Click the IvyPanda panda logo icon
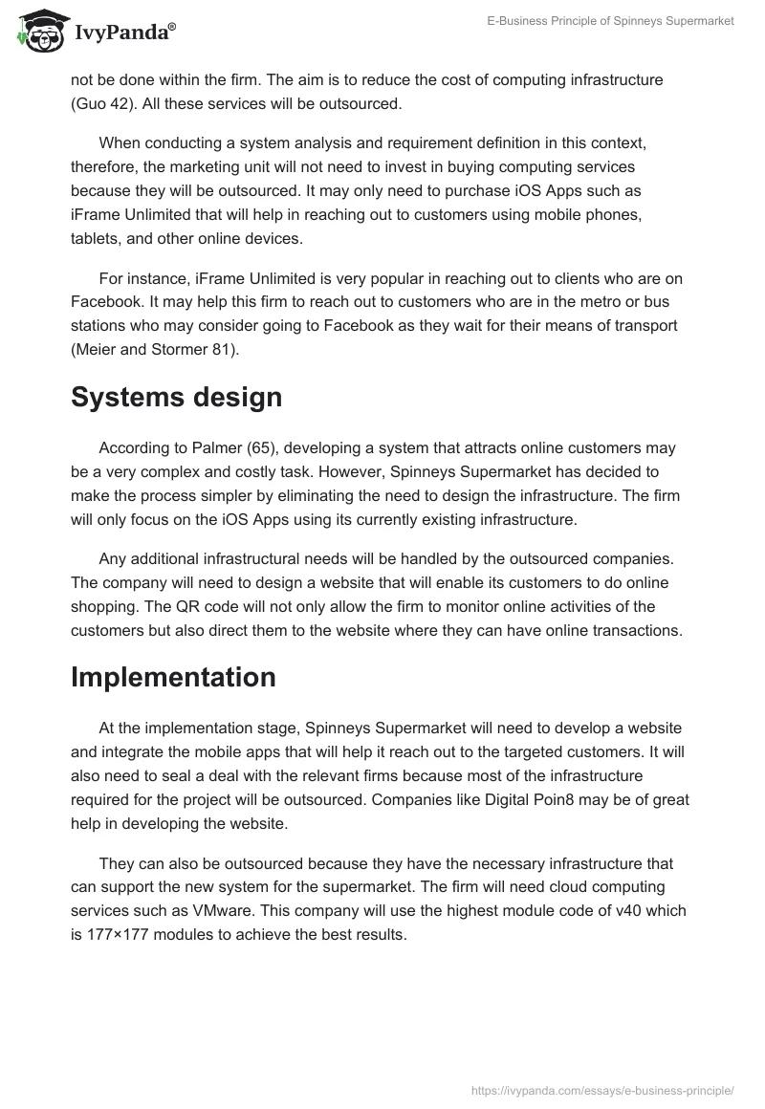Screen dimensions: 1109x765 coord(38,32)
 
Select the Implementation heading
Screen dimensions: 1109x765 coord(173,677)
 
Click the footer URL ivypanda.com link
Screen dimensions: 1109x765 coord(603,1090)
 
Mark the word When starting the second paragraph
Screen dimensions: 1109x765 coord(120,143)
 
